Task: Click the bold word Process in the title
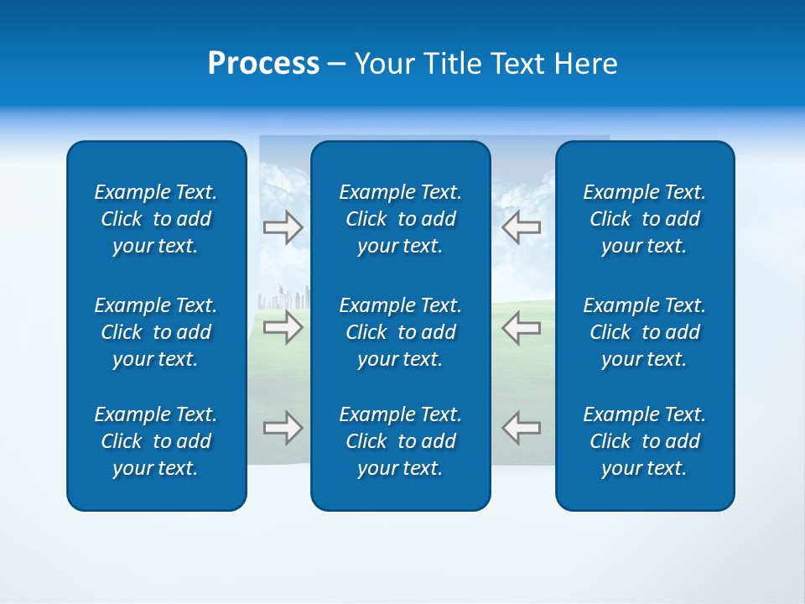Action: [x=263, y=64]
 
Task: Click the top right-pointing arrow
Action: [x=283, y=226]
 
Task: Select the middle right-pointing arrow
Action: [x=283, y=326]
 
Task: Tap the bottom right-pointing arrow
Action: [x=283, y=427]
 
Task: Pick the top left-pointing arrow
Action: [x=522, y=226]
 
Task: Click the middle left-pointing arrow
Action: [x=522, y=326]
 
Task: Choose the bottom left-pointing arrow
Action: [x=522, y=427]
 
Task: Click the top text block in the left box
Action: [x=156, y=219]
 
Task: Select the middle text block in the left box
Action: [x=156, y=332]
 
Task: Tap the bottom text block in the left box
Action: [x=156, y=441]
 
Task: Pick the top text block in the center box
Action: [x=401, y=219]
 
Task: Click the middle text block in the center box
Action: [x=401, y=332]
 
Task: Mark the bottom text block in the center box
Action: [x=401, y=441]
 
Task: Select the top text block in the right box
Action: [x=645, y=219]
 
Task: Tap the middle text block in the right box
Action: [x=645, y=332]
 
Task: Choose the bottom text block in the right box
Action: [x=645, y=441]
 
